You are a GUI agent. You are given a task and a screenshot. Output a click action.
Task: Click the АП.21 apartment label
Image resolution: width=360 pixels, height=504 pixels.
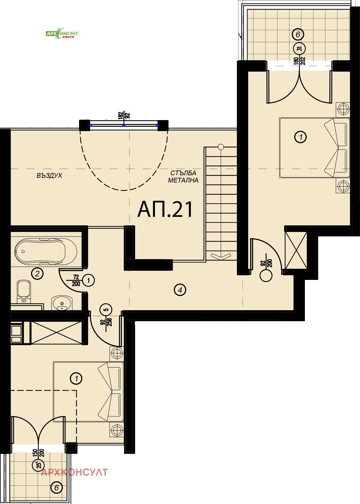(165, 210)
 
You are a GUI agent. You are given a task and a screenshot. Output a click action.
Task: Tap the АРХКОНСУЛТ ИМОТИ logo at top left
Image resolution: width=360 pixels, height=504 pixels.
(62, 34)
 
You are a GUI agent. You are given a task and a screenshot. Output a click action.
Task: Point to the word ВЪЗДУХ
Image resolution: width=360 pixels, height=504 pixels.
(49, 176)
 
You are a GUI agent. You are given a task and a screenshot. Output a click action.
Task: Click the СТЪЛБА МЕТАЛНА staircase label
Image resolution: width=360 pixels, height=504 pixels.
(183, 177)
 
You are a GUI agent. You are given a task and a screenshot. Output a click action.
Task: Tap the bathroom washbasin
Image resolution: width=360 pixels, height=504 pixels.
(62, 303)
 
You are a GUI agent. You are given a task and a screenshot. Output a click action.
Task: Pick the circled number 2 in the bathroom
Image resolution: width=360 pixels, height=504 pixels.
(37, 273)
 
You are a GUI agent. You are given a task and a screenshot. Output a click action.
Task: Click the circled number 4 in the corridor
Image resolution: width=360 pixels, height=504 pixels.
(180, 290)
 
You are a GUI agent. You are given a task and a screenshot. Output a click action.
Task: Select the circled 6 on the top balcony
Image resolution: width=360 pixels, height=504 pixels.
(298, 34)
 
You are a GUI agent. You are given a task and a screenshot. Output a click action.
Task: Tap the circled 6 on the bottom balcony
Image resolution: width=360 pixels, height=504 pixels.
(56, 488)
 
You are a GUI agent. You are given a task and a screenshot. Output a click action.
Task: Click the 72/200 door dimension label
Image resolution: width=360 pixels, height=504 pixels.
(76, 280)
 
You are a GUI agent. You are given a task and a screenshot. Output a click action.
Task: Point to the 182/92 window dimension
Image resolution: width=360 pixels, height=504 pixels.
(124, 115)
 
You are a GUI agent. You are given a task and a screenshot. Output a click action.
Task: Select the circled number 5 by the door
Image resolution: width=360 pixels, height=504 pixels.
(106, 310)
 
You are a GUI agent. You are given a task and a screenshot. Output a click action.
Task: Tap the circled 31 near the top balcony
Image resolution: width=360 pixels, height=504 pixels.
(300, 49)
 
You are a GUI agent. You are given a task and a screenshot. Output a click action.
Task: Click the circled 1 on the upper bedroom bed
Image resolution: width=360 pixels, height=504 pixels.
(300, 137)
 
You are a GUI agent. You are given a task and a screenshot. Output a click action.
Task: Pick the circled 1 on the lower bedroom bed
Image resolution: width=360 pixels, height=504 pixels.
(76, 378)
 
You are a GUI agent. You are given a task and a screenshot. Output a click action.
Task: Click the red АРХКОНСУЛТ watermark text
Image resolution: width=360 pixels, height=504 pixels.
(74, 472)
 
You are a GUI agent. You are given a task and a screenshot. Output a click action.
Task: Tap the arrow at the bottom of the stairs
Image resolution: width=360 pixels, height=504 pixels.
(221, 256)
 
